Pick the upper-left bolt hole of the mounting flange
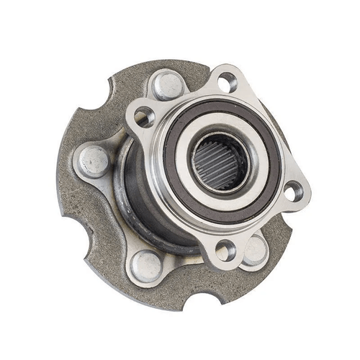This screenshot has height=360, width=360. point(143,115)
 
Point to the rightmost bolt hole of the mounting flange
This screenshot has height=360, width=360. point(292,192)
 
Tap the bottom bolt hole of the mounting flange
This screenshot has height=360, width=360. point(224,250)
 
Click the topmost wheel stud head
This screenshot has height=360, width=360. point(166,84)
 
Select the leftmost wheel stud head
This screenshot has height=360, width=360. point(94,161)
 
